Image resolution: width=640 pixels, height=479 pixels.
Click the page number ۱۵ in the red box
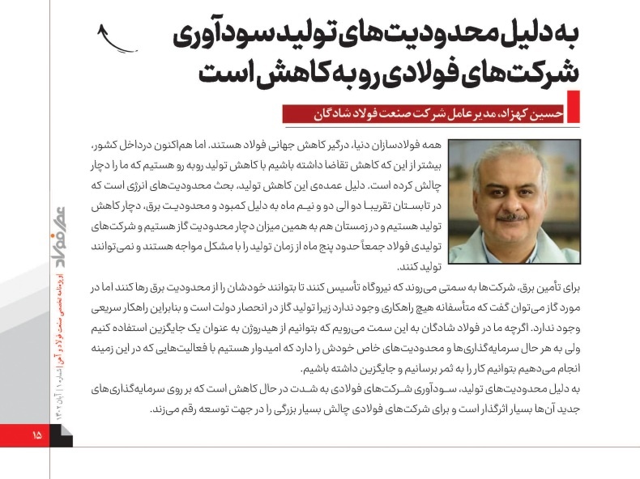tap(36, 435)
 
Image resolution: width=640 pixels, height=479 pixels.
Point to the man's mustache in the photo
tap(511, 217)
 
